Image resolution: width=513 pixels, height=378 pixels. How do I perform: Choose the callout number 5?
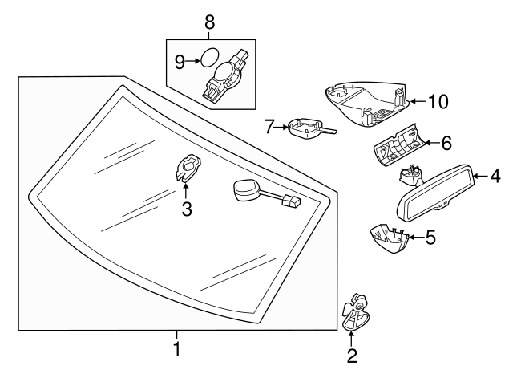(x=430, y=238)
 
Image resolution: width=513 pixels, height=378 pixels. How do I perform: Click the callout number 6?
(x=446, y=143)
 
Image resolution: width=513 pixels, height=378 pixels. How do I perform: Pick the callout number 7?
(x=270, y=125)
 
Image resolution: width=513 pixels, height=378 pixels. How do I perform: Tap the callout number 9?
(x=180, y=59)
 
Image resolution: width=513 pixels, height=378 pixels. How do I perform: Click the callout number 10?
(x=437, y=101)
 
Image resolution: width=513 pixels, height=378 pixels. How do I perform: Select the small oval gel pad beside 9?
(x=208, y=59)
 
